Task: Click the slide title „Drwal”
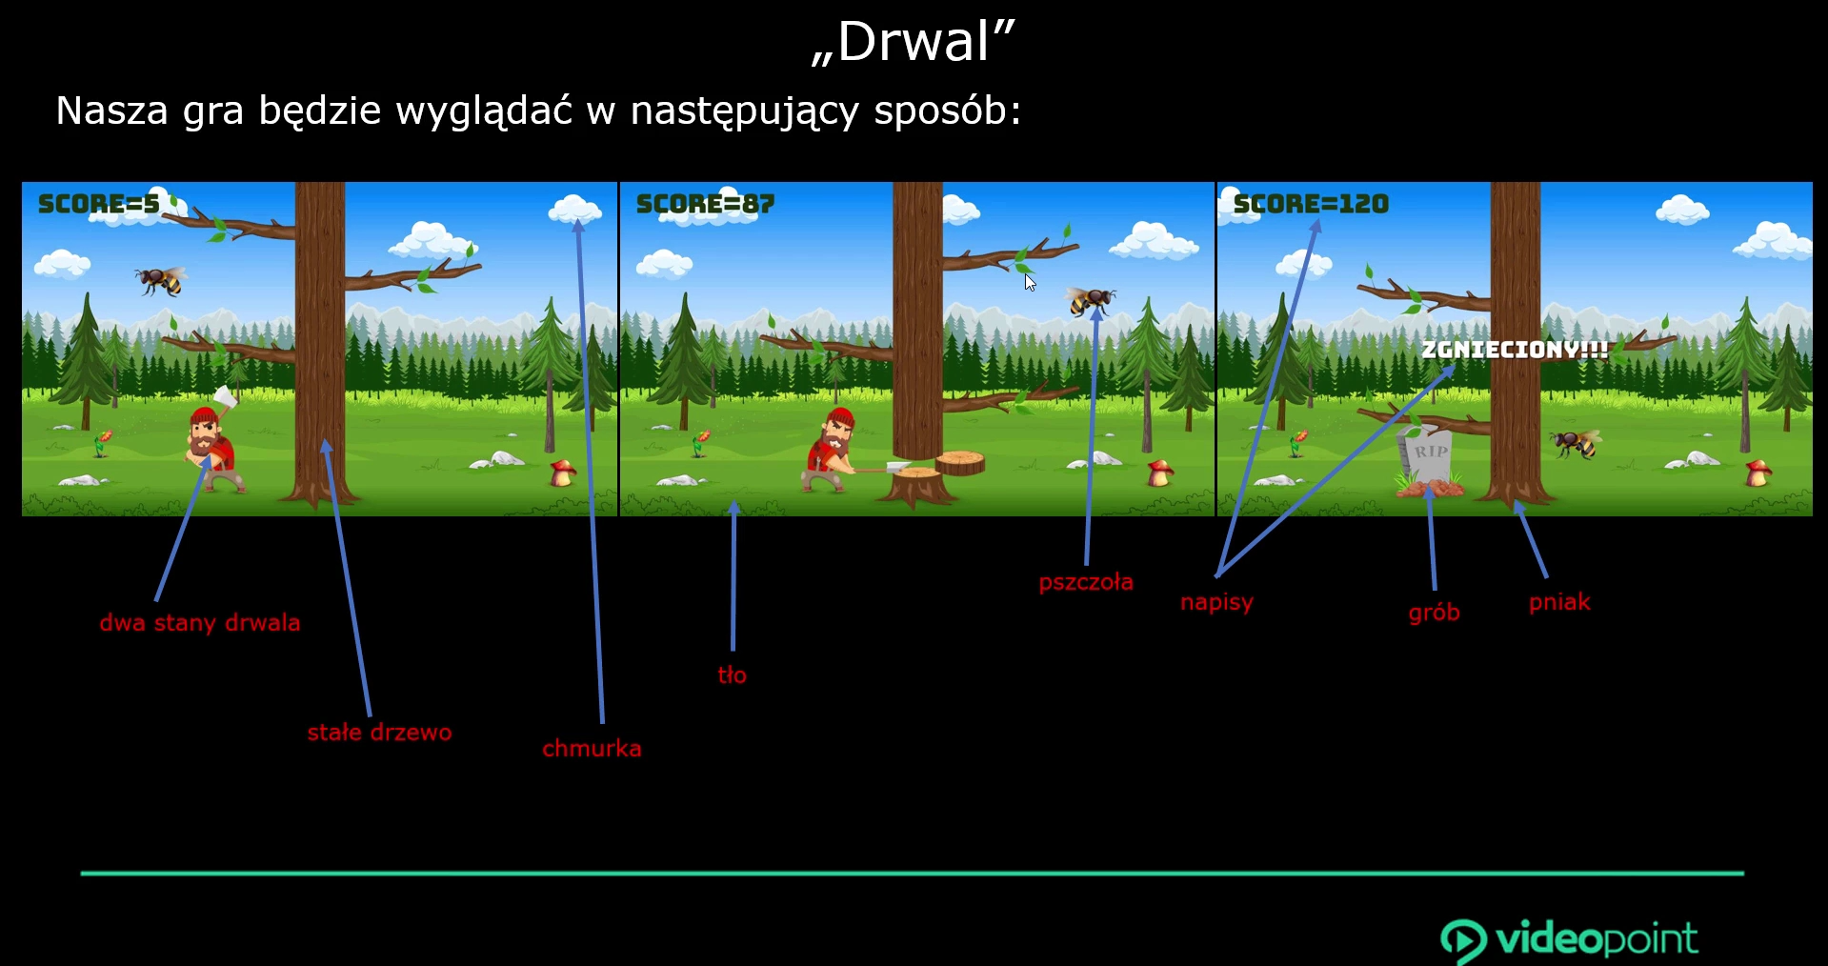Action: pos(914,43)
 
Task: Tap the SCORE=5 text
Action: pos(99,204)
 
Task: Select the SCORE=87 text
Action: pos(705,204)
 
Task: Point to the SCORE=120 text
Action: pos(1311,204)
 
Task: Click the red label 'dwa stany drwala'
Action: pos(200,623)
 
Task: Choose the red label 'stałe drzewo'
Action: pos(379,733)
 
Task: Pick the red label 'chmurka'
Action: pos(592,749)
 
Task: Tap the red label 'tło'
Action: pos(732,675)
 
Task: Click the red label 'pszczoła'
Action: pos(1086,582)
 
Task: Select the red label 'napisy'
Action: pos(1216,602)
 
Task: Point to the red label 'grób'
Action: pos(1434,613)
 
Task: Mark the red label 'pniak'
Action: pos(1559,602)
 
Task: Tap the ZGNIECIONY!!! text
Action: pos(1515,350)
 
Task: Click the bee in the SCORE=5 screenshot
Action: pos(159,280)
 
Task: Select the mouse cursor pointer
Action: pos(1029,281)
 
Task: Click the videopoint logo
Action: pos(1569,940)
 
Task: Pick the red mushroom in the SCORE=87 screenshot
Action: pos(1160,472)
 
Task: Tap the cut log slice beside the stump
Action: pos(960,463)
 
